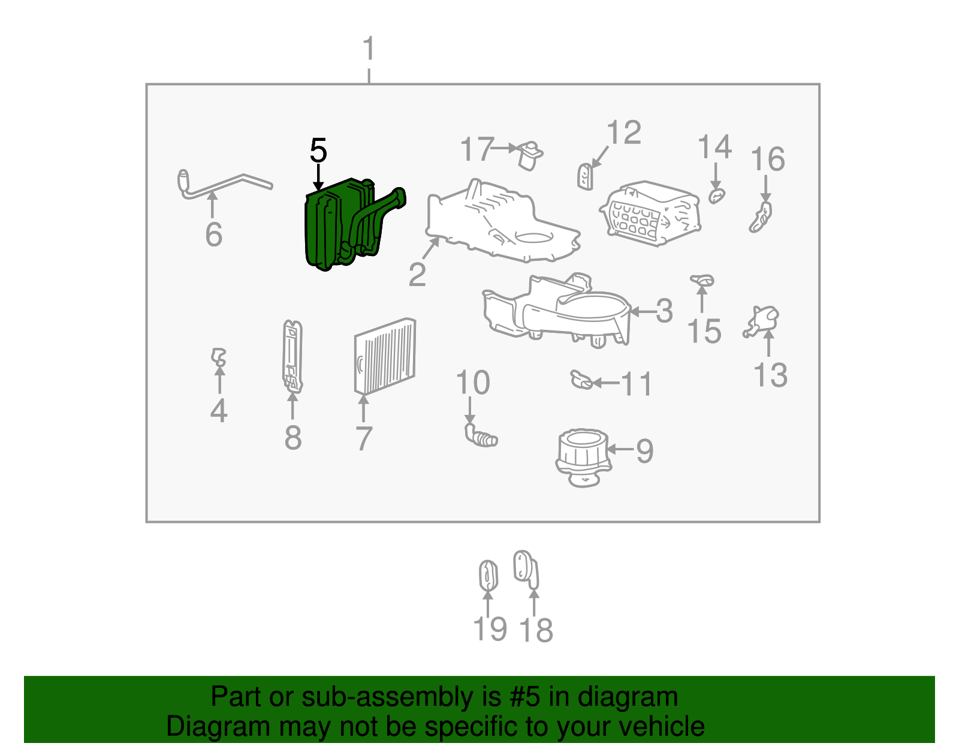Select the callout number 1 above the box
[369, 49]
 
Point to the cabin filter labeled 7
[385, 357]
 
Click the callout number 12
[624, 133]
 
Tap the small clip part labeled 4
[219, 357]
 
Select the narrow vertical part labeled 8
[292, 357]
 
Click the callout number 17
[477, 149]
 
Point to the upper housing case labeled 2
[497, 222]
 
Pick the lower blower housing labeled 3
[557, 312]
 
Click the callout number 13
[770, 375]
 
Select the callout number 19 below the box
[490, 629]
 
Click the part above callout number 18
[526, 569]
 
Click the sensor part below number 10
[481, 436]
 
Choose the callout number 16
[768, 160]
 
